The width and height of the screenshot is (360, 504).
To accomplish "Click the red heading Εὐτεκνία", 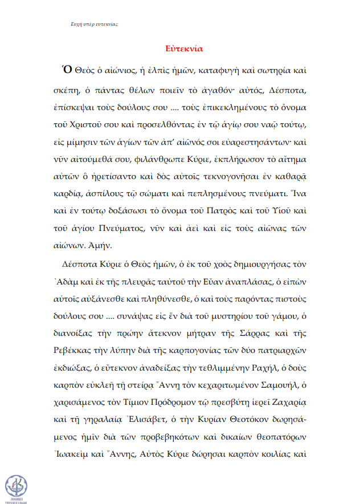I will (x=180, y=48).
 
